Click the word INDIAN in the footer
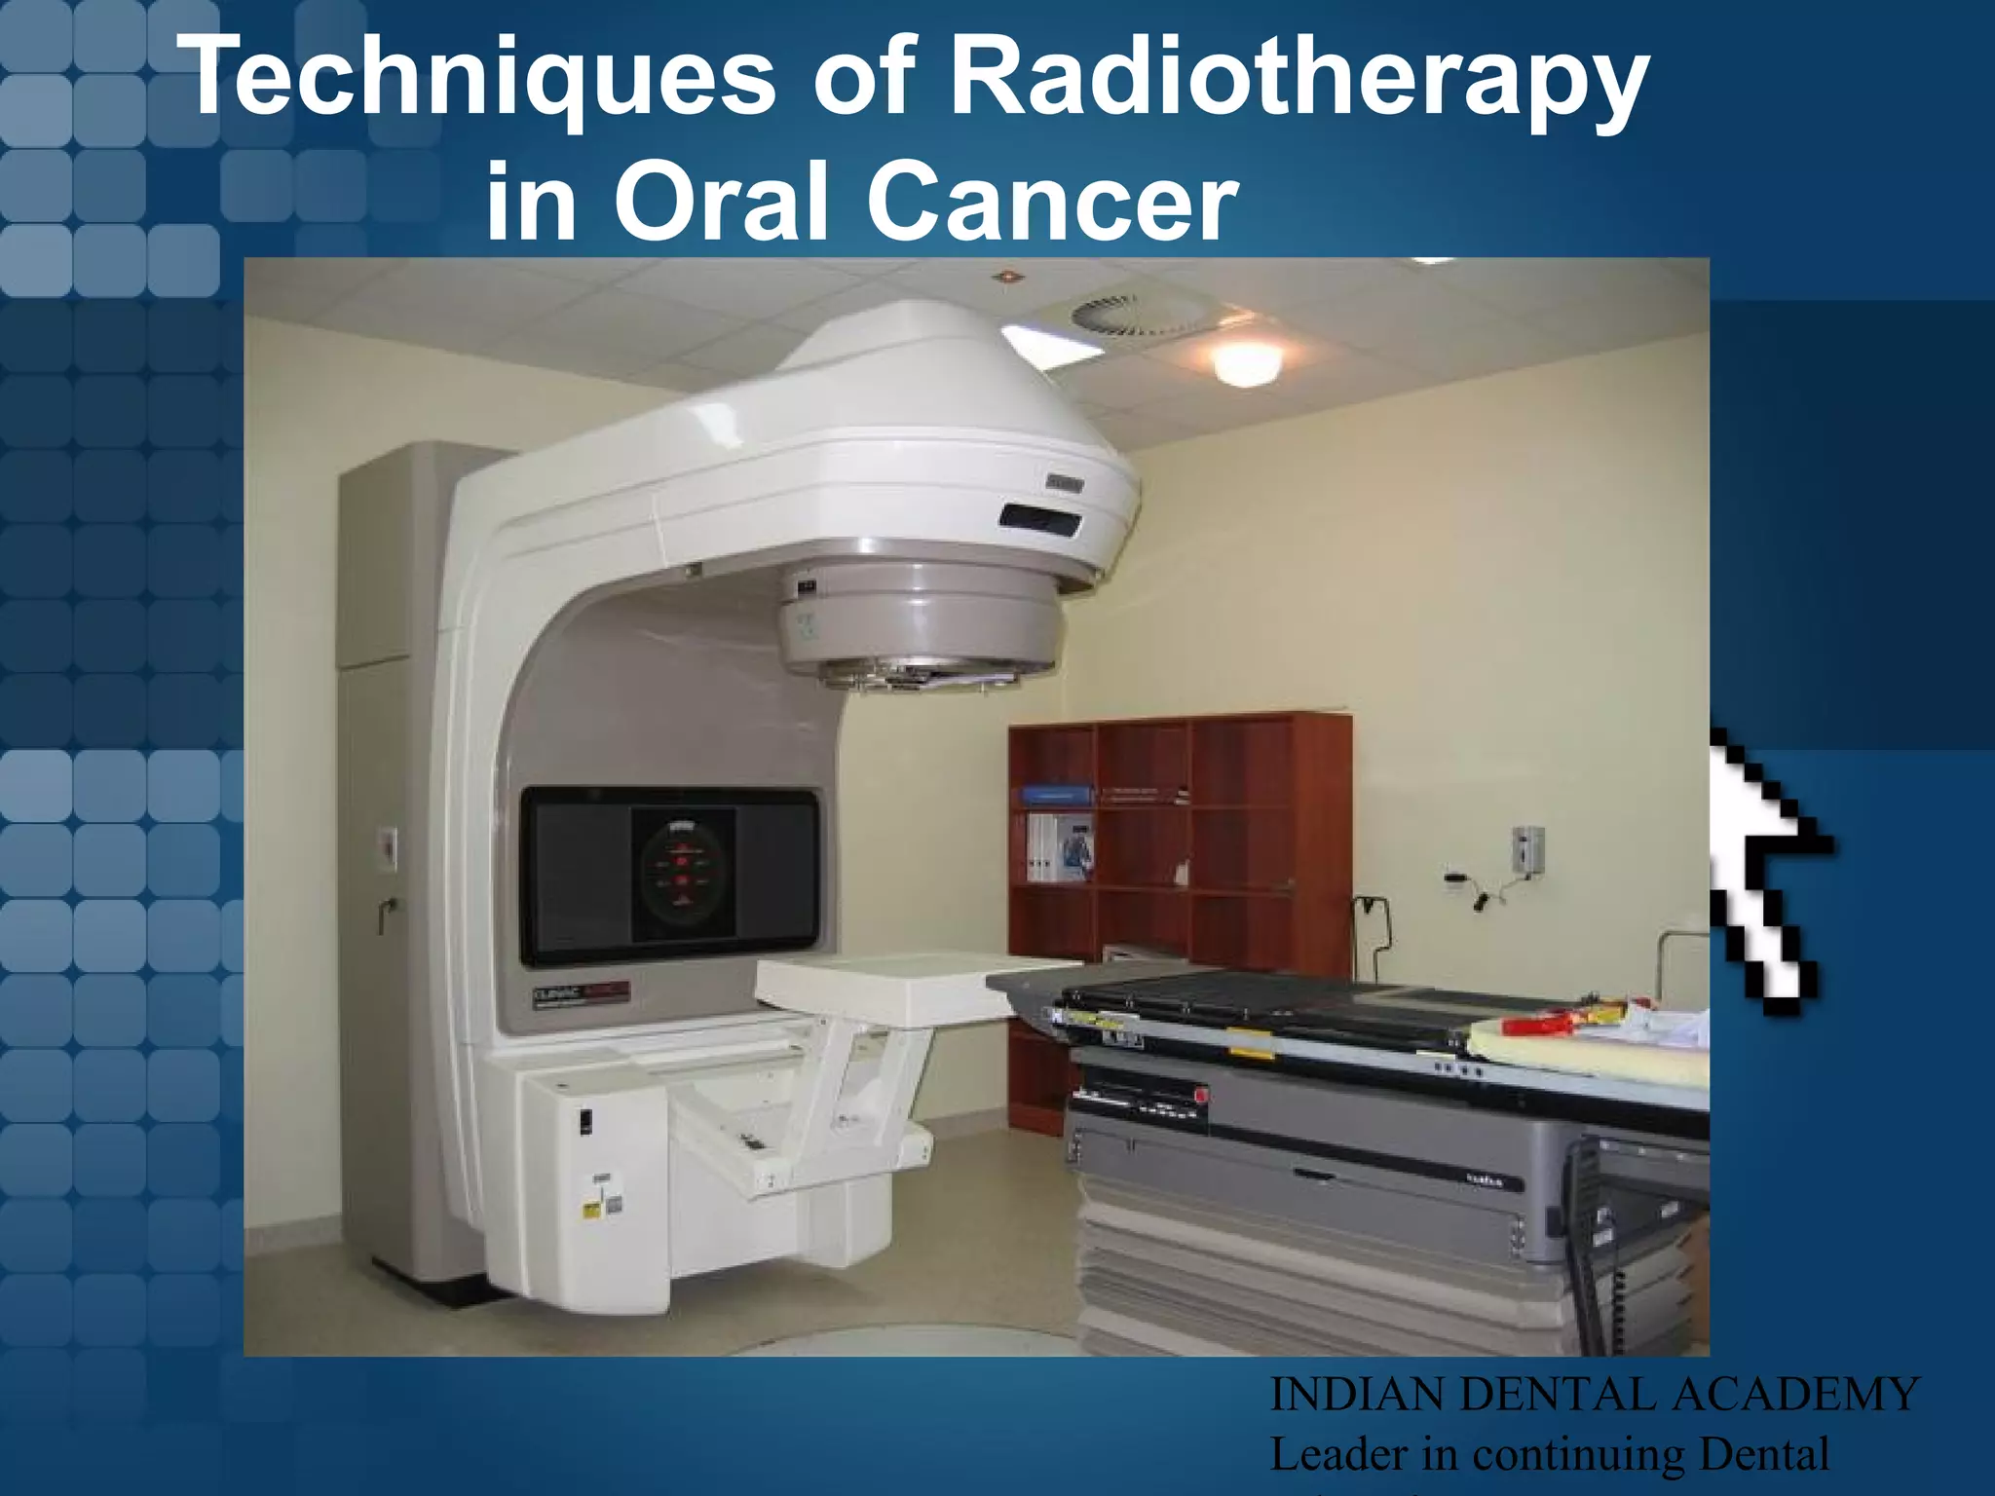pos(1359,1395)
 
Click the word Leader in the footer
pos(1338,1455)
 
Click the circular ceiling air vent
pos(1110,314)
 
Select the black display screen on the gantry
pos(670,877)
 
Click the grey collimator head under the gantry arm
pos(920,623)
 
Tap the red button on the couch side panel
pos(1200,1096)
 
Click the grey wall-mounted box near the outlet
pos(1527,847)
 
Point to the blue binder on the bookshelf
pos(1056,794)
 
